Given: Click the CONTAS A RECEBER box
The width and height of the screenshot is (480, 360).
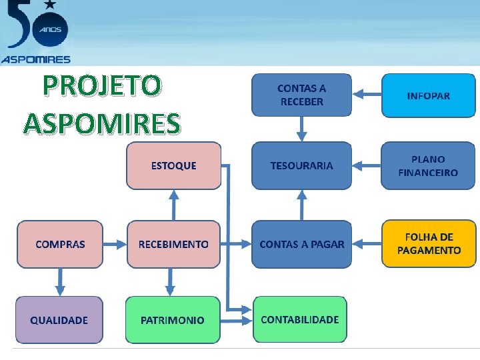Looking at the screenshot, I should tap(301, 95).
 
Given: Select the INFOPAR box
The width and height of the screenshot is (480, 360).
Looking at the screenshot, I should tap(428, 95).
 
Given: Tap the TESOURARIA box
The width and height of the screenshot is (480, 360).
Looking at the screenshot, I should tap(301, 165).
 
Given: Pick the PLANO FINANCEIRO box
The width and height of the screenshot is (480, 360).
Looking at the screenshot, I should tap(428, 165).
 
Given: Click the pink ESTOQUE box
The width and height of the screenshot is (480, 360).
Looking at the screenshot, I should tap(174, 165).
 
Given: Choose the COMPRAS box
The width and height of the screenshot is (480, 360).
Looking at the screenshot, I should tap(60, 244).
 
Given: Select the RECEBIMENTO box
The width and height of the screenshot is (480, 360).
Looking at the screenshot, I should tap(173, 244).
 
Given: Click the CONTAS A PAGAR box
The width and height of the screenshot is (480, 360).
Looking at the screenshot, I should tap(301, 244).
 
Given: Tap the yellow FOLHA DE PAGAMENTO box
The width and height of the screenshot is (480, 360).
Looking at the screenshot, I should tap(429, 244).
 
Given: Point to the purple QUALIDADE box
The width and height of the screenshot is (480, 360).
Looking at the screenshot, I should tap(59, 320).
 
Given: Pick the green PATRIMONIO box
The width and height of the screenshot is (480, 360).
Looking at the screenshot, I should tap(172, 320).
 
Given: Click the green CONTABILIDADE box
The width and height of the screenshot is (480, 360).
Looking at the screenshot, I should tap(300, 319).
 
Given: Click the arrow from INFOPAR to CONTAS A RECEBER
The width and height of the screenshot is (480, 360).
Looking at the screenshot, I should tap(367, 95).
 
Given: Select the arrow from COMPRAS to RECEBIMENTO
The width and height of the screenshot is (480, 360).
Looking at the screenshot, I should tap(115, 244).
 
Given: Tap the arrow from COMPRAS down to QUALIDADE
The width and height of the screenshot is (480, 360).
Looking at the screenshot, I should tap(60, 282).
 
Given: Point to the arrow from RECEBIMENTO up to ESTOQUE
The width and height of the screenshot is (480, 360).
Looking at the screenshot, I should tap(174, 205).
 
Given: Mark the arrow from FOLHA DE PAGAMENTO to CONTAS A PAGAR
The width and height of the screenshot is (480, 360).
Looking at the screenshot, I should tap(367, 244).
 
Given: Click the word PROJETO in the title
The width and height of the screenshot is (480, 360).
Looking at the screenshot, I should tap(101, 86).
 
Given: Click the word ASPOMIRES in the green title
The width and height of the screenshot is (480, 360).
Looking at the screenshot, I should tap(101, 123).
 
